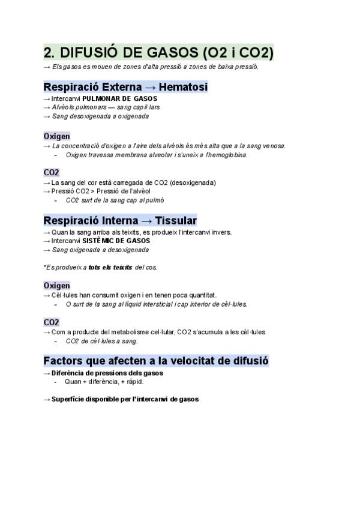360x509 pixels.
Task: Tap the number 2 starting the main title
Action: coord(48,53)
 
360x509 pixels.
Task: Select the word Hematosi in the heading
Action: coord(183,87)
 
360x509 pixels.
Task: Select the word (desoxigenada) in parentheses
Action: coord(193,182)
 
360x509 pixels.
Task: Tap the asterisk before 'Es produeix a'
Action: coord(44,267)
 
